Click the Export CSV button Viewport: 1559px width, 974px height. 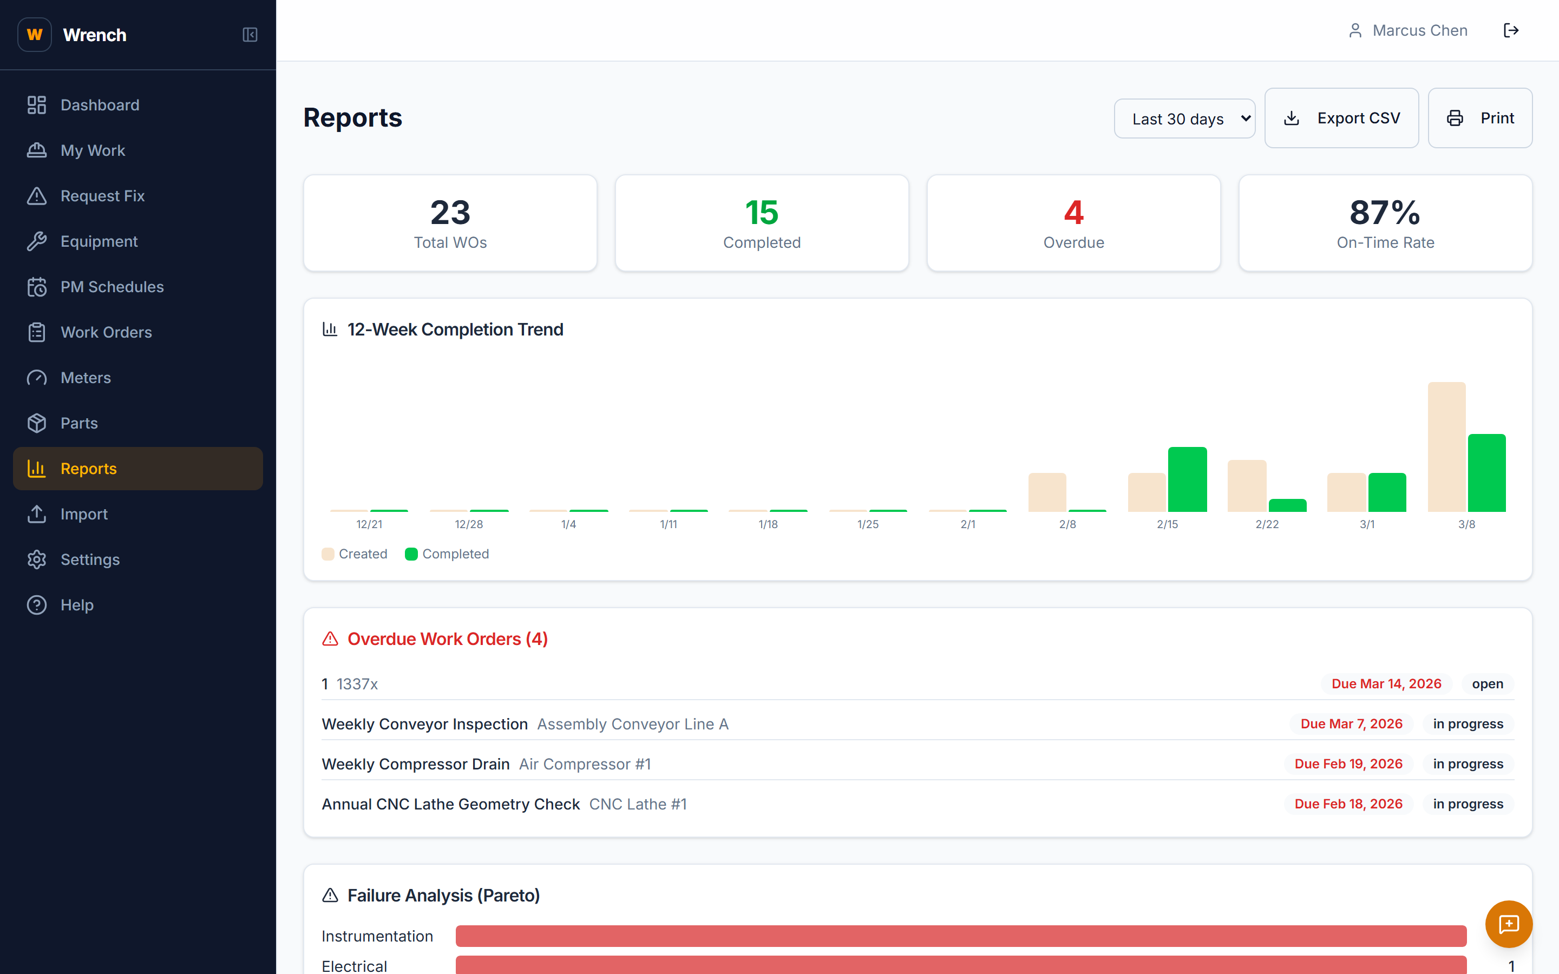click(x=1341, y=119)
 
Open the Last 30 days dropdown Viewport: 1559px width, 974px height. click(x=1184, y=119)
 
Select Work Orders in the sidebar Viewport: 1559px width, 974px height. click(x=106, y=332)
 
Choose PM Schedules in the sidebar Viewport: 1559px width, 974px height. click(x=112, y=287)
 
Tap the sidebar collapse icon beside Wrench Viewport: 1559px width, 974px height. click(x=250, y=35)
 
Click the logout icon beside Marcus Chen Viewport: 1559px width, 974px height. click(x=1511, y=30)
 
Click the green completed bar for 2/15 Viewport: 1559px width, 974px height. click(x=1187, y=479)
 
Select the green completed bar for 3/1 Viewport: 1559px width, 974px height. click(x=1386, y=492)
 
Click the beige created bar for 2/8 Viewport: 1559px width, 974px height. click(x=1047, y=492)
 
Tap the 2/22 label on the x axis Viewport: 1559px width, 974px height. click(x=1267, y=524)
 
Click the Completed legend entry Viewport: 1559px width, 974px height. click(x=447, y=554)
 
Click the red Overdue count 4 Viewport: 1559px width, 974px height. click(x=1073, y=213)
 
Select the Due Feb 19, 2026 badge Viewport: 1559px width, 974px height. click(x=1348, y=764)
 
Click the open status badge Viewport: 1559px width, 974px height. click(x=1487, y=684)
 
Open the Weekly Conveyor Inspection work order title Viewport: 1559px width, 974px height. click(x=424, y=724)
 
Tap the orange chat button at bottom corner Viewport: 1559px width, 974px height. click(x=1508, y=924)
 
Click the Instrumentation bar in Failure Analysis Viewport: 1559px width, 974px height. click(x=960, y=936)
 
